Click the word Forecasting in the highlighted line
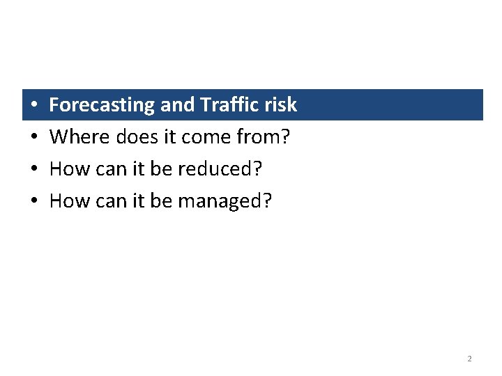(102, 105)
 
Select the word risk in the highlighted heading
(280, 105)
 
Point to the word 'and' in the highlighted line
(177, 105)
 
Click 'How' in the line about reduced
(67, 169)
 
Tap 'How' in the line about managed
(67, 201)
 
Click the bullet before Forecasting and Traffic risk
(34, 106)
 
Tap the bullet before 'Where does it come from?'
(34, 138)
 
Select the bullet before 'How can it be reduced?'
(34, 170)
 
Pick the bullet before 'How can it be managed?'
(34, 202)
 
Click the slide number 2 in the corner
(469, 359)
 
